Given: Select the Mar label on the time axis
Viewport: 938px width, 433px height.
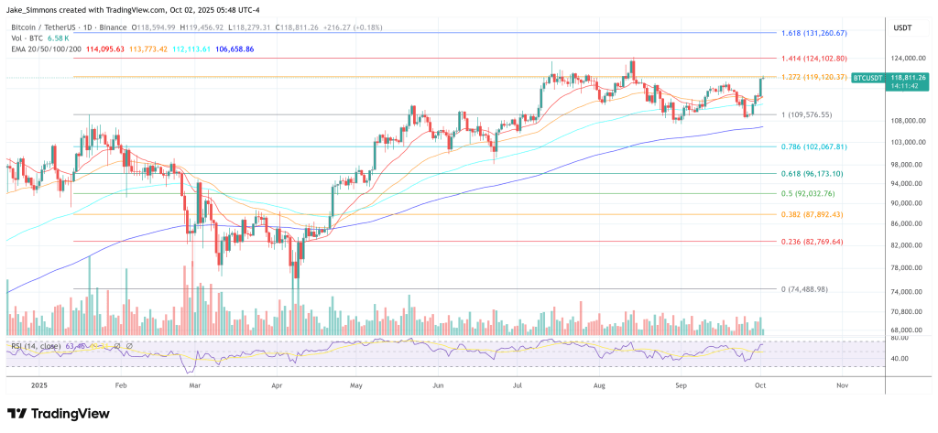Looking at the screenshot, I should pos(194,385).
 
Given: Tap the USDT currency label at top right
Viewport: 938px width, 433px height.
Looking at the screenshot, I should pos(902,27).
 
